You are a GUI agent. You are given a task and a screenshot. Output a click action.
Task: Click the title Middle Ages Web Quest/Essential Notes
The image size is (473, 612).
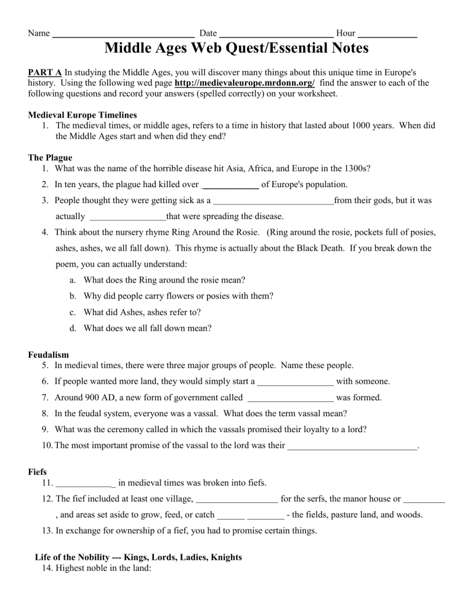pyautogui.click(x=236, y=47)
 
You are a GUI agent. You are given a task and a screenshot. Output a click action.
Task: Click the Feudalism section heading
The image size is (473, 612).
pyautogui.click(x=49, y=355)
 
